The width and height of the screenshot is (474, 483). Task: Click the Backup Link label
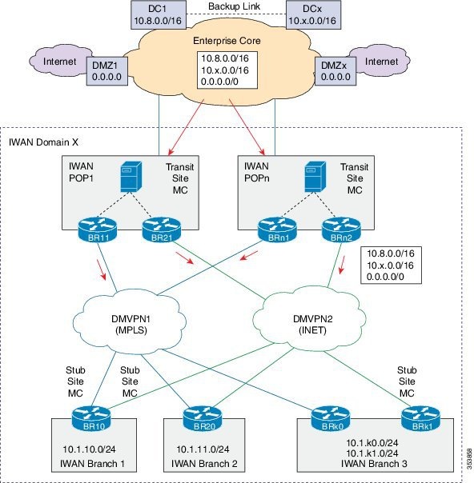(235, 7)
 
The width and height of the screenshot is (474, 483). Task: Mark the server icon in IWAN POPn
(308, 178)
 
